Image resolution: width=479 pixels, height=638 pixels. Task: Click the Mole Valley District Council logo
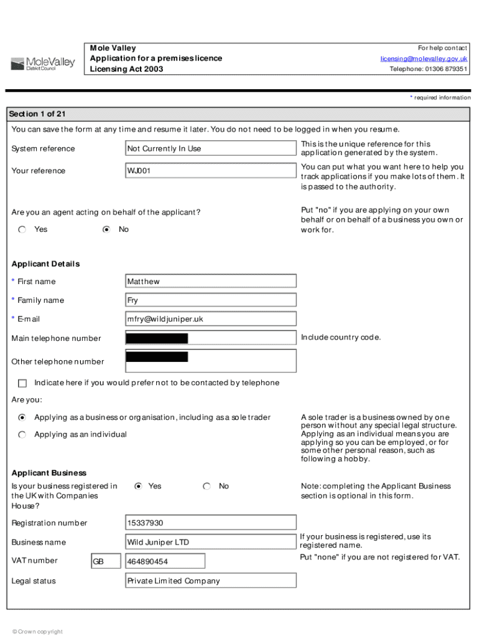(x=42, y=64)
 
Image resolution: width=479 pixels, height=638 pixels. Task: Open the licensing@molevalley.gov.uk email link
(x=424, y=59)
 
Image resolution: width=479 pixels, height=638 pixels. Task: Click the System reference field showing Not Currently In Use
(x=211, y=148)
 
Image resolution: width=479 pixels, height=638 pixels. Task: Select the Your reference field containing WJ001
(x=211, y=171)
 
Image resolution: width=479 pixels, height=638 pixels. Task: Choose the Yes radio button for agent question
(x=22, y=229)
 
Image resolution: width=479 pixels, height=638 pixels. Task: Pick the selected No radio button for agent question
(x=106, y=229)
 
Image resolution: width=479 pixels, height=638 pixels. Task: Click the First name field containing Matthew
(x=211, y=282)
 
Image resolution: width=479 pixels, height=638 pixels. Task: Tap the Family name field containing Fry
(x=211, y=300)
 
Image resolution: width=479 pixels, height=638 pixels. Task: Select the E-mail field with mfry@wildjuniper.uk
(x=211, y=319)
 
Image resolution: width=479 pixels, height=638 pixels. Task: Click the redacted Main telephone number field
(x=211, y=338)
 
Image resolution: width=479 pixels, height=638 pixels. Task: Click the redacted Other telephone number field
(x=211, y=361)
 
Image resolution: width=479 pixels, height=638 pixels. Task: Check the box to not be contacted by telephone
(x=22, y=383)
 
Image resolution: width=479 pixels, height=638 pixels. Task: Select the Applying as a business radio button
(x=22, y=417)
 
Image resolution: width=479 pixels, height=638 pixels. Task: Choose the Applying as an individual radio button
(x=22, y=434)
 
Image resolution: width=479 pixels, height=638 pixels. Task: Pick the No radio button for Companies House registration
(x=207, y=486)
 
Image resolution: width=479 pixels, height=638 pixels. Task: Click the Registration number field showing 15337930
(x=211, y=523)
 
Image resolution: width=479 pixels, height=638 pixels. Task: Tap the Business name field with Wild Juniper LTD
(x=211, y=542)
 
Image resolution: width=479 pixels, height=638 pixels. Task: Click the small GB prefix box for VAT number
(x=106, y=561)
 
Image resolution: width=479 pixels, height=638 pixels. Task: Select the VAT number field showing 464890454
(x=165, y=561)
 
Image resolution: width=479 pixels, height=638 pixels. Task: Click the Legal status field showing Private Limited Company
(x=211, y=581)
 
